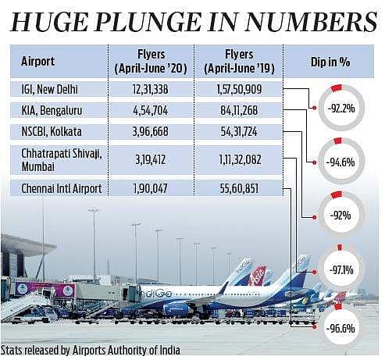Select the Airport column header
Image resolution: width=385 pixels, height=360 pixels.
[x=38, y=62]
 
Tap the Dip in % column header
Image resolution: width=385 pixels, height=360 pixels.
[x=330, y=62]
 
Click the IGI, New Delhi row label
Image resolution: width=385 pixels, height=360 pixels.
[x=49, y=89]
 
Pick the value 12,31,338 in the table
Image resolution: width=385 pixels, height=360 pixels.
[x=151, y=89]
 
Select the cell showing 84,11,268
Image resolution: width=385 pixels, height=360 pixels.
[x=239, y=110]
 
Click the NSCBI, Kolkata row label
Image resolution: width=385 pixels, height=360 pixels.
[x=52, y=131]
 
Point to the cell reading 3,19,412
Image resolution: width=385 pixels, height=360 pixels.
[x=151, y=159]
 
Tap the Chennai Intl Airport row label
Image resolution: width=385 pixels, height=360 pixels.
[x=62, y=188]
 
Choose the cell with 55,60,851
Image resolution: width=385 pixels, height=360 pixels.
[x=239, y=188]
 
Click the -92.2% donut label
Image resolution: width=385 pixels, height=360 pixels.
[x=341, y=109]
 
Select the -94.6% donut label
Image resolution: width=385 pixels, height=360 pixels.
[x=340, y=162]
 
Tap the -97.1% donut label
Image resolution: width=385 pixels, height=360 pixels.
[x=341, y=270]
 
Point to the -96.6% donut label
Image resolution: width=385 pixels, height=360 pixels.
[x=340, y=329]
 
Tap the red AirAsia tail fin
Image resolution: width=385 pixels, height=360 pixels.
[x=258, y=276]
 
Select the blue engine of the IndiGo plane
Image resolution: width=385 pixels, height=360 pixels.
[x=178, y=309]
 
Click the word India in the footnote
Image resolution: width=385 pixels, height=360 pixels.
[x=169, y=351]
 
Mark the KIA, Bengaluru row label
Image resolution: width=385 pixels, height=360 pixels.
[x=52, y=111]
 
